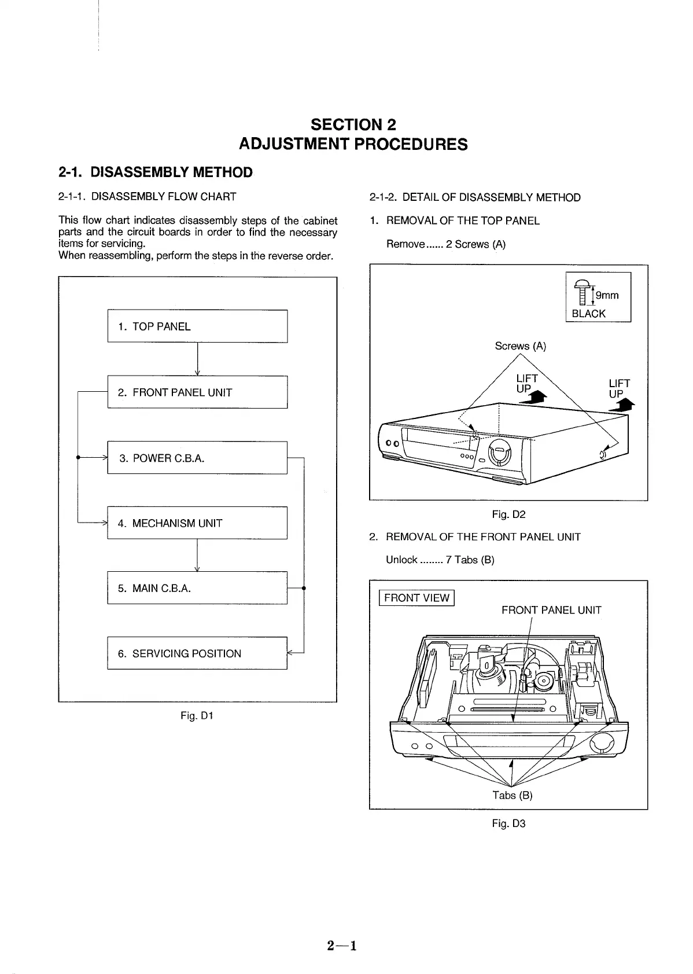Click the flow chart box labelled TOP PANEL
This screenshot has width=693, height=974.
(197, 326)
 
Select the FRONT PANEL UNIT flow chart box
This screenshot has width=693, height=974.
(197, 392)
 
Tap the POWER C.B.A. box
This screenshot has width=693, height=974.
(197, 458)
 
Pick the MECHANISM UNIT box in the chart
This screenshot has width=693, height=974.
(197, 523)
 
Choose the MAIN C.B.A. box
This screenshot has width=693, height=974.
(197, 588)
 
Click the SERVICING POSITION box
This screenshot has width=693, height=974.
(197, 653)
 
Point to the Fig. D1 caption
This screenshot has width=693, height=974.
(197, 716)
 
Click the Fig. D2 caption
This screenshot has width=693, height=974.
(508, 514)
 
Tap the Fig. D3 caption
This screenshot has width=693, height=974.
(508, 823)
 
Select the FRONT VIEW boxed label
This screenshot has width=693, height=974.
(416, 598)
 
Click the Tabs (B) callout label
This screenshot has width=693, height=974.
(512, 795)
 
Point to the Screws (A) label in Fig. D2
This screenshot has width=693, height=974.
(520, 346)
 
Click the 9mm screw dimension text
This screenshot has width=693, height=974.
(607, 296)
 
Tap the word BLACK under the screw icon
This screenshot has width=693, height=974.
(588, 314)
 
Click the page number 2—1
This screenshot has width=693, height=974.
(341, 946)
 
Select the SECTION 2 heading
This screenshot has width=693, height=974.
(353, 124)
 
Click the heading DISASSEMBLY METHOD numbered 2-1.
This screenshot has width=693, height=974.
(156, 172)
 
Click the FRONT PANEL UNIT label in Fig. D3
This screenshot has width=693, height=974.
(551, 610)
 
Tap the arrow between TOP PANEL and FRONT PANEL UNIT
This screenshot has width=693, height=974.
(198, 359)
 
